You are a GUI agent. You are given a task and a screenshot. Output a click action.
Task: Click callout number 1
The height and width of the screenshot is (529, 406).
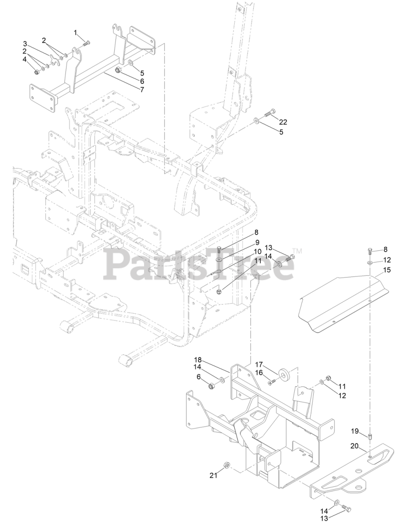[x=76, y=32]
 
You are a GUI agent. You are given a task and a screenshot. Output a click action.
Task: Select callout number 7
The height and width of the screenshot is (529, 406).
[x=142, y=88]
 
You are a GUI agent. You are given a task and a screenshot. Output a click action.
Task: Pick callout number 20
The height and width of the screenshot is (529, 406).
[x=355, y=446]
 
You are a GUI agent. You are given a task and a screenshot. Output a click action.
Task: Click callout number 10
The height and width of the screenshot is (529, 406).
[x=257, y=252]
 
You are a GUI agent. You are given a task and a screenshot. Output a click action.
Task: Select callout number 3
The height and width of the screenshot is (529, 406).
[x=25, y=44]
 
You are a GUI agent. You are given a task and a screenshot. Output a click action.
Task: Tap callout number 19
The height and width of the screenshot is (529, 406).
[x=355, y=431]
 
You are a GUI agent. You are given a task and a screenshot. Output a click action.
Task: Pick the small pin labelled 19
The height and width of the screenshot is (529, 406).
[x=370, y=436]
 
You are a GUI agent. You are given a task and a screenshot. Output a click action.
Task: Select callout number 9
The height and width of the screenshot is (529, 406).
[x=257, y=242]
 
